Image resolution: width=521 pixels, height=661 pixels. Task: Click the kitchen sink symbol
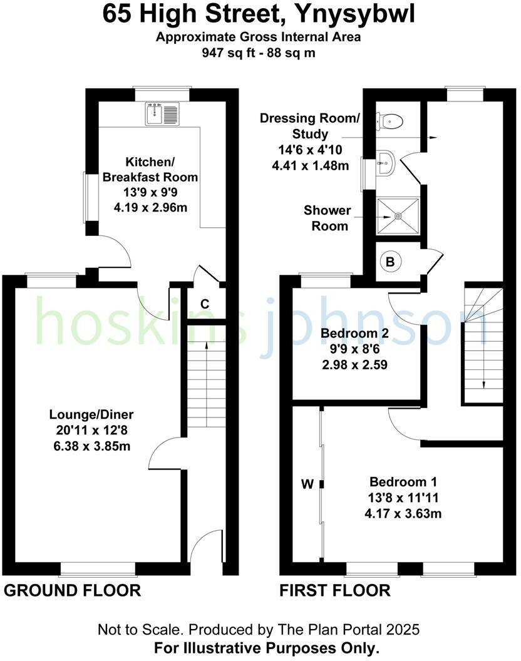[162, 113]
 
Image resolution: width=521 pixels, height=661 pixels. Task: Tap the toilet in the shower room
[390, 120]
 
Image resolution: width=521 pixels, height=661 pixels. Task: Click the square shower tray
[398, 216]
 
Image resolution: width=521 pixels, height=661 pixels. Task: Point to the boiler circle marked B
[390, 262]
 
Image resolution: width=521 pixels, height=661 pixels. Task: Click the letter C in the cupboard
[204, 305]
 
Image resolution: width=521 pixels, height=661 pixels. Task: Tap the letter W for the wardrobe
[307, 483]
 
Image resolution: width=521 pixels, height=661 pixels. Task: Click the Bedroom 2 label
[354, 334]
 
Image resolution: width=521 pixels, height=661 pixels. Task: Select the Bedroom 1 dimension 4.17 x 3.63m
[403, 514]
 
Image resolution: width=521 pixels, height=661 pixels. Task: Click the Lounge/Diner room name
[92, 415]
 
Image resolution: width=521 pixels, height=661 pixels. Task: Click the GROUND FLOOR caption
[73, 590]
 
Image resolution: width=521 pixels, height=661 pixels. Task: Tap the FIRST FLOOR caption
[335, 590]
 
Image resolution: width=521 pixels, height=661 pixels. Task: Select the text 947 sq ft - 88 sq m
[259, 53]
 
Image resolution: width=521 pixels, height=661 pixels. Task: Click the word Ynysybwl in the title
[354, 14]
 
